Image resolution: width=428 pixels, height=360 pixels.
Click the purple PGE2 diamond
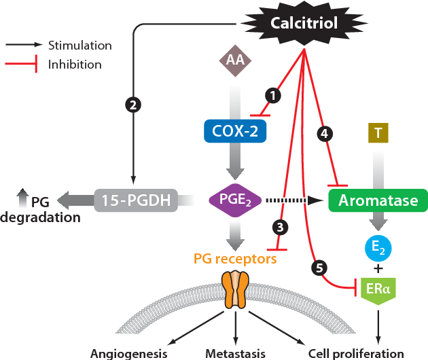[234, 200]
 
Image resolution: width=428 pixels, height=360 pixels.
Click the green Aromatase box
[378, 200]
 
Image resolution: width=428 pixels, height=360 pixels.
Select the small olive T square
[377, 133]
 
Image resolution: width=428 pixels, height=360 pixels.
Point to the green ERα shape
[377, 290]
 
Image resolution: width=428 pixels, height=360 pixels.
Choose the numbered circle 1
[272, 96]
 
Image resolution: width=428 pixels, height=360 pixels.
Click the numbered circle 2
[132, 105]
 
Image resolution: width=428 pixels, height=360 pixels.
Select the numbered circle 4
[324, 134]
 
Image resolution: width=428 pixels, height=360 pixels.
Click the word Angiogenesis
[128, 353]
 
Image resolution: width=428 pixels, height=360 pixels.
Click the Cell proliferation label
[356, 353]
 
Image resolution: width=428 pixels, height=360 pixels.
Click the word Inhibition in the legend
[75, 65]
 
